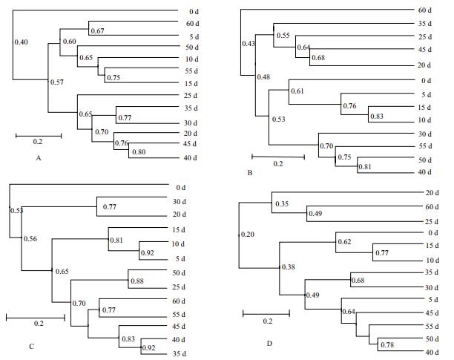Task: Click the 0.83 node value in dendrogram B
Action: click(377, 116)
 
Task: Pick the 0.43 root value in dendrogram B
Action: click(249, 45)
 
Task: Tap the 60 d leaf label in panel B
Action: click(424, 10)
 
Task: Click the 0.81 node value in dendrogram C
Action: click(116, 240)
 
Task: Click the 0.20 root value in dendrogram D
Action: click(247, 235)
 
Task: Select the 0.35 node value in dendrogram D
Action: click(282, 203)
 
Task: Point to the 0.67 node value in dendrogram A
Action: click(98, 31)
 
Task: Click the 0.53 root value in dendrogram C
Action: click(16, 211)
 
